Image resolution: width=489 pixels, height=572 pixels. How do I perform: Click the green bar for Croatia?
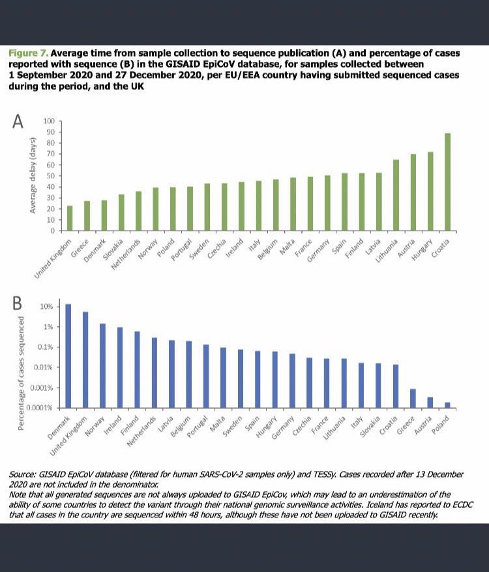pyautogui.click(x=447, y=182)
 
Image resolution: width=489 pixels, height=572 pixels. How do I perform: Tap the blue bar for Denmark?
pyautogui.click(x=68, y=356)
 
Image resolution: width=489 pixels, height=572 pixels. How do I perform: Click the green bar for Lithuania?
pyautogui.click(x=396, y=195)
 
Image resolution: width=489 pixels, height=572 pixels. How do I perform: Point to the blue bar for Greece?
pyautogui.click(x=413, y=398)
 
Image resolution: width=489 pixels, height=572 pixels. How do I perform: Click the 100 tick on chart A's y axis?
pyautogui.click(x=49, y=121)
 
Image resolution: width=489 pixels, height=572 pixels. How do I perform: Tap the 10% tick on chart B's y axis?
pyautogui.click(x=48, y=306)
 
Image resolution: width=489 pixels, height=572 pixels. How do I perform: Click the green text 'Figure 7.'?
pyautogui.click(x=28, y=52)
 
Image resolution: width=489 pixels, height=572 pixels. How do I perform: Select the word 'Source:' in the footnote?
pyautogui.click(x=23, y=474)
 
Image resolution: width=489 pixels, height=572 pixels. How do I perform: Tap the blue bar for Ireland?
pyautogui.click(x=120, y=367)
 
